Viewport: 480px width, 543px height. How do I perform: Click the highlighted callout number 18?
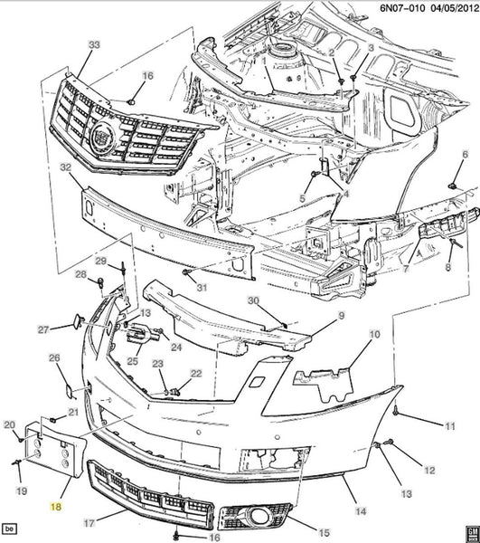(x=56, y=507)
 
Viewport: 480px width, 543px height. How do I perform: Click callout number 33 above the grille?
(x=94, y=44)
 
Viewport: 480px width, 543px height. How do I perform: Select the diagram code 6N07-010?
(x=402, y=7)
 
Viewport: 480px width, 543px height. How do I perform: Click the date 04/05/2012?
(x=454, y=7)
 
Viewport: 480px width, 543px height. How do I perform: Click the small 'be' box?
(x=9, y=529)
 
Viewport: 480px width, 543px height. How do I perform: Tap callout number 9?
(x=342, y=316)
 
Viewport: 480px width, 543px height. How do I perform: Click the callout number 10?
(x=374, y=335)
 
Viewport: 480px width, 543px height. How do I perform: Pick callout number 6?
(x=466, y=155)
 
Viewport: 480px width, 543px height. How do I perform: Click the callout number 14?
(x=361, y=511)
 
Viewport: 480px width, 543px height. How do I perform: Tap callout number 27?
(x=43, y=329)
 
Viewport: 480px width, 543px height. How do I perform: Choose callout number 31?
(x=202, y=287)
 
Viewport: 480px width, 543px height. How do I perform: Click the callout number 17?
(x=89, y=522)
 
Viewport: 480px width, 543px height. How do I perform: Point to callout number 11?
(x=449, y=426)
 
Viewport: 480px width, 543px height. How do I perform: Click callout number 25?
(x=133, y=361)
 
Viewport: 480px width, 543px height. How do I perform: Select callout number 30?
(x=253, y=300)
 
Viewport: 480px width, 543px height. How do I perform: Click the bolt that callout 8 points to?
(x=455, y=242)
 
